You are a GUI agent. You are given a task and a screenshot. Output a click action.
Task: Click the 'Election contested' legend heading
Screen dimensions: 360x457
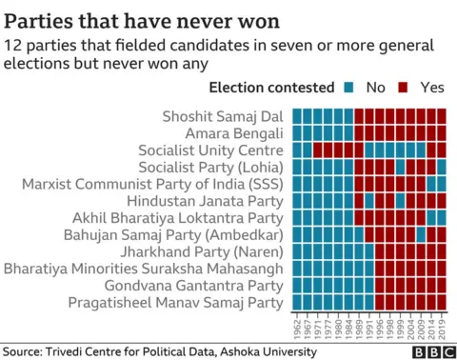(270, 89)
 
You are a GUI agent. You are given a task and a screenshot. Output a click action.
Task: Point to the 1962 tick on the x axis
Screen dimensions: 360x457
(297, 326)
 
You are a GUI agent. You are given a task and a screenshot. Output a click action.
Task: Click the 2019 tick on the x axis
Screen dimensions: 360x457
(441, 326)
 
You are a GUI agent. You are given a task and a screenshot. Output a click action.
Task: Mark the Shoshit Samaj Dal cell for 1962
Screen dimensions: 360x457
(297, 115)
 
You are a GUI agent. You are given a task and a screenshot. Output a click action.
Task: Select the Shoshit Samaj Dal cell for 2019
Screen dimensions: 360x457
(441, 115)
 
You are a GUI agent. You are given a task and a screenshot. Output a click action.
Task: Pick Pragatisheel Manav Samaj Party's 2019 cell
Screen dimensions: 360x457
(441, 304)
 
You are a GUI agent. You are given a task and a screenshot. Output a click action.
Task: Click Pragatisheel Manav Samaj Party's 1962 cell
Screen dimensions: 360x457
(297, 304)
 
